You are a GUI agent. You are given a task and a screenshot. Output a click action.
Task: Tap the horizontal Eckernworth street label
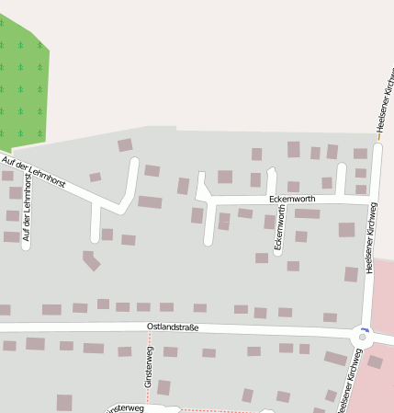[x=292, y=199]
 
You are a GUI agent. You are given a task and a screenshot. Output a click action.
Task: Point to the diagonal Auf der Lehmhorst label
[x=34, y=174]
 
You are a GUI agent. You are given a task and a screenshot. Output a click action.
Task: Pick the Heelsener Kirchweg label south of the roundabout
[x=345, y=381]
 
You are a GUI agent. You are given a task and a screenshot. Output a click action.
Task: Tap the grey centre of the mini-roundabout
[x=363, y=338]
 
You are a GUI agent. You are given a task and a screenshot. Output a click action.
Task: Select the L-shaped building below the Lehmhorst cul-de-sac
[x=91, y=261]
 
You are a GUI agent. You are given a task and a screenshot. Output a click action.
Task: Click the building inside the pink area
[x=375, y=361]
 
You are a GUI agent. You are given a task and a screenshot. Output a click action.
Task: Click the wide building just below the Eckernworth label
[x=307, y=213]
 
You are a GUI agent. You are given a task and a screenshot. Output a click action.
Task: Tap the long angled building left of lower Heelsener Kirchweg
[x=335, y=358]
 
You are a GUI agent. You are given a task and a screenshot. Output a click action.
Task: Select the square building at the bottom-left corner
[x=64, y=402]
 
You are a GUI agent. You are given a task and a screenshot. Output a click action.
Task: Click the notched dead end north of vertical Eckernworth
[x=272, y=172]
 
